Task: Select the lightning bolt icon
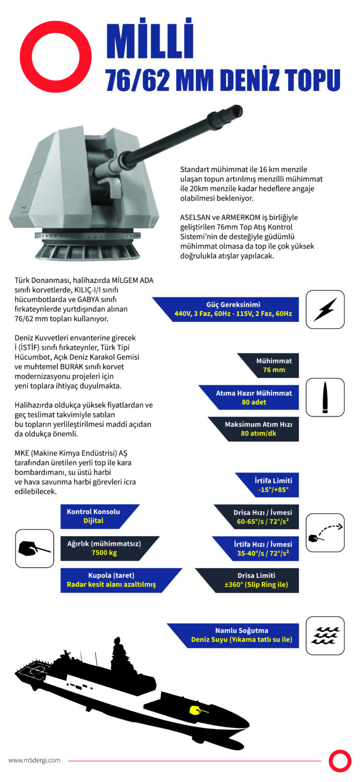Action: point(325,309)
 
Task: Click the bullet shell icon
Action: point(325,397)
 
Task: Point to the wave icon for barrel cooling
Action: point(325,635)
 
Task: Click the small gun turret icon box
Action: point(35,548)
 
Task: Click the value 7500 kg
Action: point(104,552)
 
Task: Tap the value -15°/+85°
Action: point(273,489)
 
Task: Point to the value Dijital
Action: point(93,521)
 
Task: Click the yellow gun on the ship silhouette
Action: point(196,709)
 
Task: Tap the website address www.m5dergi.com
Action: point(34,760)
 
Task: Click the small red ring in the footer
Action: point(340,761)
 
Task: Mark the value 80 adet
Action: point(255,402)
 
